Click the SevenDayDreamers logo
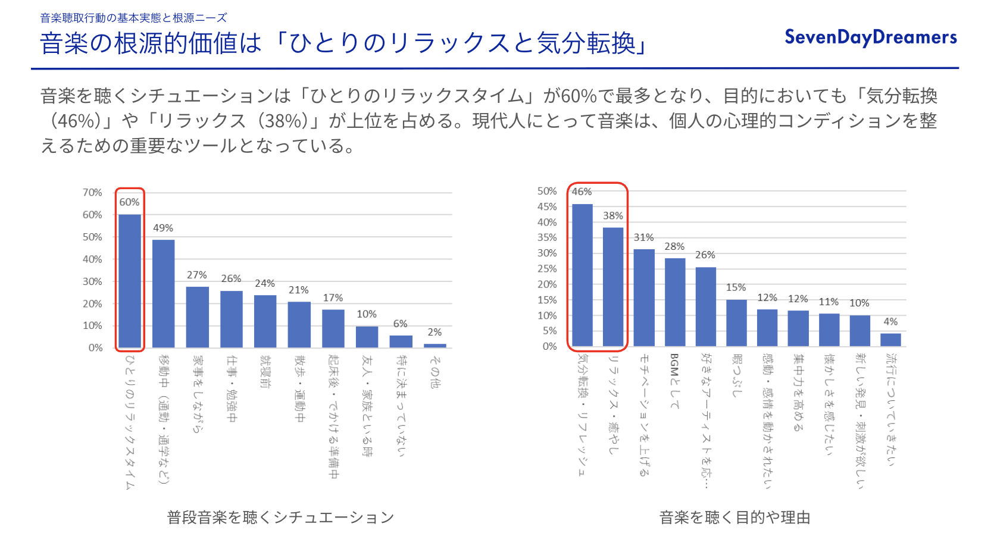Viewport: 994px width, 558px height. [x=870, y=37]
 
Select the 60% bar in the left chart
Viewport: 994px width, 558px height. [x=130, y=281]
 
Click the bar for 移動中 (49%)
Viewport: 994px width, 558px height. [x=164, y=294]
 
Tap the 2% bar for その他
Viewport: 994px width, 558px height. [x=435, y=346]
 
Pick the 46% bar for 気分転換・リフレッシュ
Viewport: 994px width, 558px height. [x=582, y=275]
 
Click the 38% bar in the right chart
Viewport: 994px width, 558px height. [x=613, y=287]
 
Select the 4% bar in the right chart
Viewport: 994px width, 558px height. [x=890, y=340]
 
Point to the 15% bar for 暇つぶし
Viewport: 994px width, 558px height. [x=736, y=323]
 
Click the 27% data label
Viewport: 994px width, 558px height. [x=197, y=275]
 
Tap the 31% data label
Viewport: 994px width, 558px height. [x=643, y=237]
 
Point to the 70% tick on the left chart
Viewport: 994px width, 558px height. [x=92, y=193]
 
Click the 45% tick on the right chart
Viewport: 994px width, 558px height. [x=547, y=206]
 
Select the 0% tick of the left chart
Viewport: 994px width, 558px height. [x=95, y=348]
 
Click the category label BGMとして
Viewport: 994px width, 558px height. [x=674, y=381]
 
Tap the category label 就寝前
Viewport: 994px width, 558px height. [x=265, y=372]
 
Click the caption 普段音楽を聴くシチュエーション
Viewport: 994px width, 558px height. [x=280, y=518]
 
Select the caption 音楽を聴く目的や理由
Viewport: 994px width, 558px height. [x=734, y=518]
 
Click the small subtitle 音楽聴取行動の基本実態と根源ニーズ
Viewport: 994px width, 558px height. [x=133, y=18]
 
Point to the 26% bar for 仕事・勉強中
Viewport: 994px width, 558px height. [x=232, y=319]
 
